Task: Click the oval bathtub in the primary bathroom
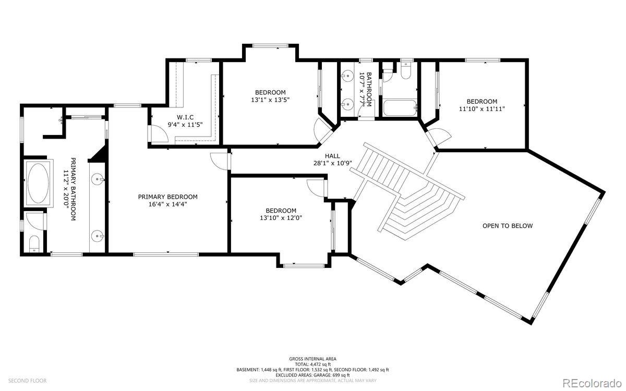tap(38, 183)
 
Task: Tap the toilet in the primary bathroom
tap(34, 244)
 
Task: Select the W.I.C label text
tap(185, 117)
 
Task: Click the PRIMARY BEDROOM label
tap(167, 197)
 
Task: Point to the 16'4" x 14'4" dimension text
tap(167, 204)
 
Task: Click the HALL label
tap(333, 156)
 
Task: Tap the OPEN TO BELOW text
tap(508, 226)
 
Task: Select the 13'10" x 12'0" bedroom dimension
tap(281, 218)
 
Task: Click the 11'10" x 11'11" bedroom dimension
tap(482, 109)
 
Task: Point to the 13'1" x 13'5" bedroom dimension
tap(270, 100)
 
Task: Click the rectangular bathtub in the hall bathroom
tap(400, 108)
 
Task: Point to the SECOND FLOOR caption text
tap(27, 381)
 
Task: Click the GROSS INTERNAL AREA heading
tap(312, 359)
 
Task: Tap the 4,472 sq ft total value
tap(320, 364)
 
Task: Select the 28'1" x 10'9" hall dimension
tap(333, 163)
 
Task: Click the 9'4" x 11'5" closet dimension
tap(185, 125)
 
